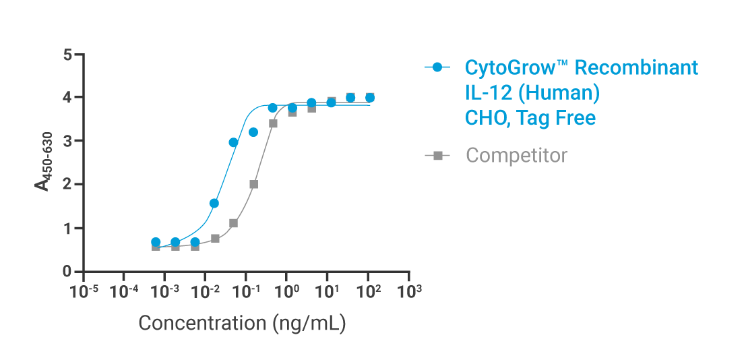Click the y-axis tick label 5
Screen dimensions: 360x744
pyautogui.click(x=67, y=54)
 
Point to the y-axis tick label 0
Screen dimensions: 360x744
pyautogui.click(x=67, y=272)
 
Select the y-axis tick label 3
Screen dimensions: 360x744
pyautogui.click(x=67, y=141)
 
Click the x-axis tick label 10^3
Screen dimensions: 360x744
pyautogui.click(x=409, y=292)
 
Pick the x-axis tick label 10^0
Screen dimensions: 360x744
pyautogui.click(x=287, y=292)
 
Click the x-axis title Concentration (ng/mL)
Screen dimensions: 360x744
pyautogui.click(x=242, y=323)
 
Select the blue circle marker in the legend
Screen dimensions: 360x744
pyautogui.click(x=437, y=67)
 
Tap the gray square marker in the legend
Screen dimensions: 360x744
pyautogui.click(x=437, y=156)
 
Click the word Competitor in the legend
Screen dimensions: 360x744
pyautogui.click(x=516, y=156)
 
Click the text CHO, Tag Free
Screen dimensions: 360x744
pyautogui.click(x=530, y=118)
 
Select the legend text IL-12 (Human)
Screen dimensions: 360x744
pyautogui.click(x=532, y=93)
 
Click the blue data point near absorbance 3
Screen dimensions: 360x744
pyautogui.click(x=233, y=142)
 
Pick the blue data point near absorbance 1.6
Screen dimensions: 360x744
pyautogui.click(x=214, y=203)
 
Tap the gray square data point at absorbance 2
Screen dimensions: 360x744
pyautogui.click(x=254, y=184)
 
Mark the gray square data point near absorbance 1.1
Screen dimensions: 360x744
pyautogui.click(x=234, y=223)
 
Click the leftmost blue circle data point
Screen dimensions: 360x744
pyautogui.click(x=156, y=242)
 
